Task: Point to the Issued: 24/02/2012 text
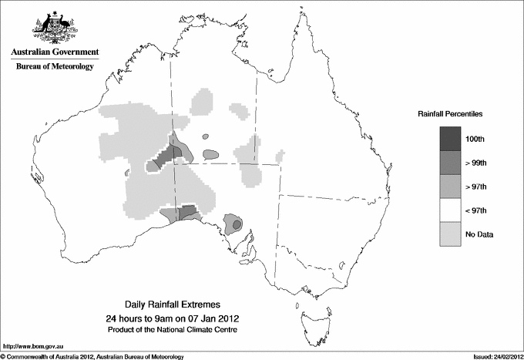(x=493, y=356)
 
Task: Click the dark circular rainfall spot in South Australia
(x=237, y=224)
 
